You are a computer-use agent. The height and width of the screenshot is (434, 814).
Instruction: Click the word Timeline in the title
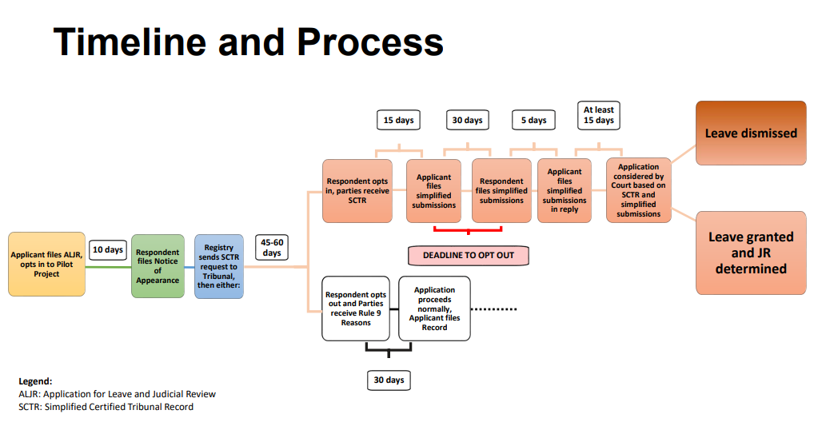click(128, 42)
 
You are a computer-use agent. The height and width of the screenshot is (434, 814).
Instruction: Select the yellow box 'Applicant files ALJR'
click(46, 265)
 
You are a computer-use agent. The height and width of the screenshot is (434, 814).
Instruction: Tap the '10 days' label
click(107, 249)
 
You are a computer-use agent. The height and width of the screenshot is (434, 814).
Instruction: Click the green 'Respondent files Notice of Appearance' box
click(158, 266)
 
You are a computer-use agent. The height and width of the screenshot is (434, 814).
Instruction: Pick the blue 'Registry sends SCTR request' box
click(219, 266)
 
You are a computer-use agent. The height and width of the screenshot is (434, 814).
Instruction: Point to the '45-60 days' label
click(272, 247)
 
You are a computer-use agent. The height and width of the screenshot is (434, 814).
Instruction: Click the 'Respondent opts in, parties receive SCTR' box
click(357, 191)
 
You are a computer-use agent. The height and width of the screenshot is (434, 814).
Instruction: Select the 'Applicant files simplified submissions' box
click(433, 191)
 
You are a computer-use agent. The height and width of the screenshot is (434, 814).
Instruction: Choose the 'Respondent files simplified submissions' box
click(501, 191)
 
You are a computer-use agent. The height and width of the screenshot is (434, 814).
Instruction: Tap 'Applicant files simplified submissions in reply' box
click(565, 191)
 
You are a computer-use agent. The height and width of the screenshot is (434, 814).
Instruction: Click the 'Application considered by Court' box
click(638, 191)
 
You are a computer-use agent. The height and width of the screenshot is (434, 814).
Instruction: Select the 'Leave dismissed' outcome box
click(750, 133)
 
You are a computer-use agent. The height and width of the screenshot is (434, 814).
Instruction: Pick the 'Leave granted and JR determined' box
click(750, 253)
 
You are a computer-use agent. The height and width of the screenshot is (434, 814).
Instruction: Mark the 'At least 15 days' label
click(598, 115)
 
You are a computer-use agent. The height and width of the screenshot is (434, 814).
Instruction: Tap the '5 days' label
click(533, 120)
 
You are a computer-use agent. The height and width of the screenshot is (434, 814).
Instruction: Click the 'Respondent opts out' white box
click(356, 309)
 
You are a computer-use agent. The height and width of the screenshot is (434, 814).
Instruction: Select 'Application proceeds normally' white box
click(434, 309)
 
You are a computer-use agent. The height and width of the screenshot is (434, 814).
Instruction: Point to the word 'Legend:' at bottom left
click(35, 381)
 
